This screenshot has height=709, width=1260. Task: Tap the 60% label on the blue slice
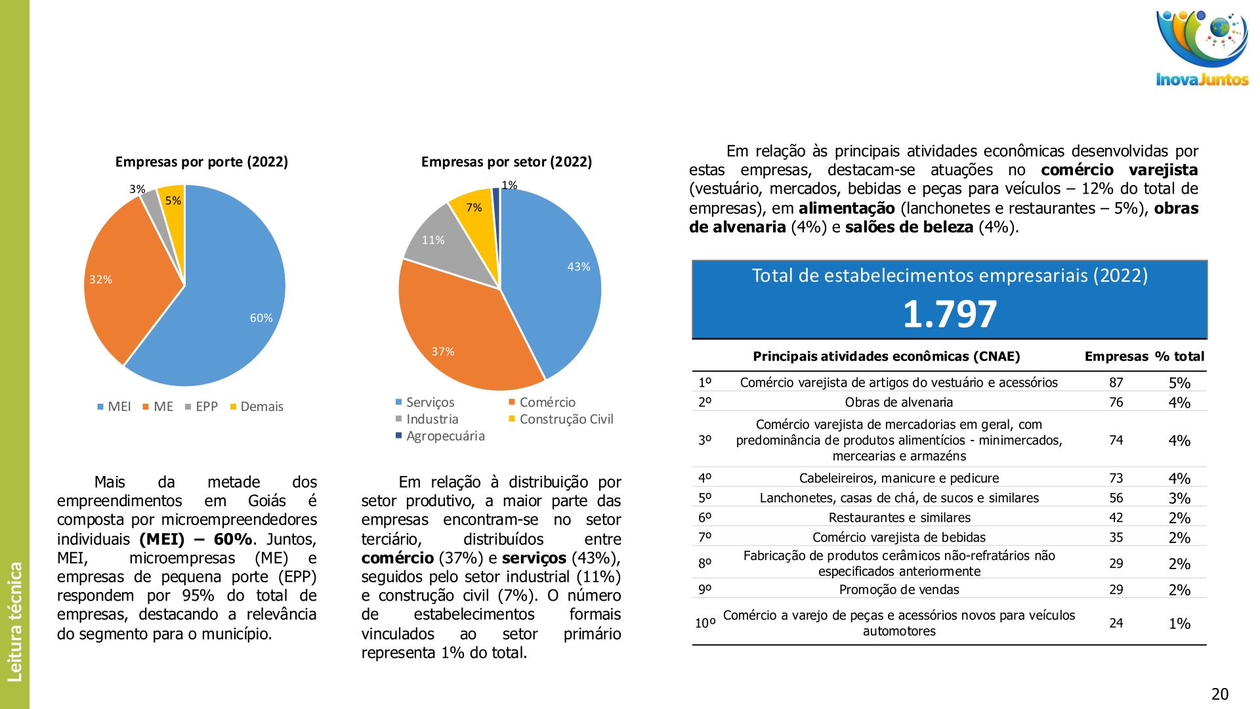[261, 318]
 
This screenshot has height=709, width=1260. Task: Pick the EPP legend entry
[201, 406]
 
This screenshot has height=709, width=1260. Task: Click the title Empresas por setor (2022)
[506, 161]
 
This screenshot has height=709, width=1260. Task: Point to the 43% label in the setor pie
[578, 267]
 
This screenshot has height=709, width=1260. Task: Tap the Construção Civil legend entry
[560, 419]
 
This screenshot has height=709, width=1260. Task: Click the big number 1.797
[950, 314]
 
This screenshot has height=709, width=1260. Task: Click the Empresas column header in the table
[1116, 356]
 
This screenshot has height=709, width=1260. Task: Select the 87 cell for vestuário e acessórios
[1116, 383]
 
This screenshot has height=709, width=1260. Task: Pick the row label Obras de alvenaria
[898, 402]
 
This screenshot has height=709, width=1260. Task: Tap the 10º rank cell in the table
[705, 623]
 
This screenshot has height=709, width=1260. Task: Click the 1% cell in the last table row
[1179, 624]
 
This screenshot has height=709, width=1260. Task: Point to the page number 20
[1219, 694]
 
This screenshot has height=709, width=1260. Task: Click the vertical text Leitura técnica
[14, 621]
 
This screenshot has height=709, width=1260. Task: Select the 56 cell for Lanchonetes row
[1116, 498]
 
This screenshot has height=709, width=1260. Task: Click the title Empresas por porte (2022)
[201, 161]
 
